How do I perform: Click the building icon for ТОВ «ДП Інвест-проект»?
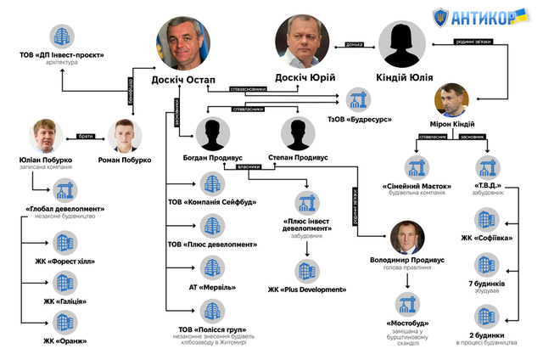point(61,35)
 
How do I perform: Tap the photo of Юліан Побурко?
point(50,135)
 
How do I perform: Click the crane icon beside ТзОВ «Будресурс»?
point(353,98)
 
